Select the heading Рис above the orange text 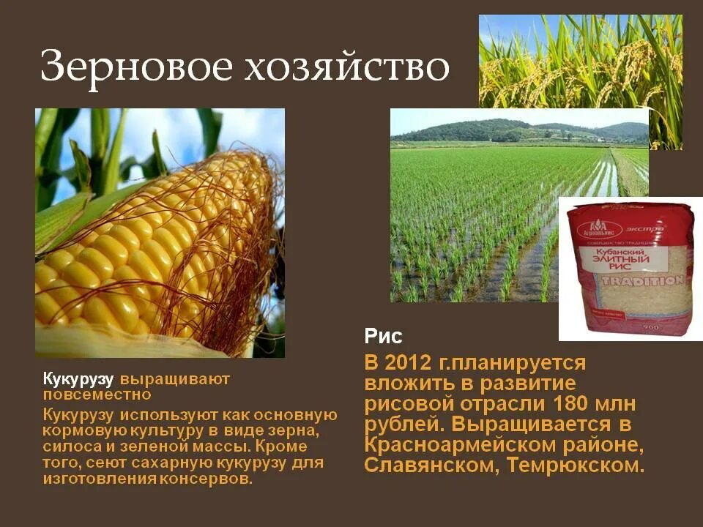click(384, 337)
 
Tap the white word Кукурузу click(78, 380)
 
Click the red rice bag click(630, 307)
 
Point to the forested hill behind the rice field click(483, 130)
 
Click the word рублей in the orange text click(401, 425)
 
